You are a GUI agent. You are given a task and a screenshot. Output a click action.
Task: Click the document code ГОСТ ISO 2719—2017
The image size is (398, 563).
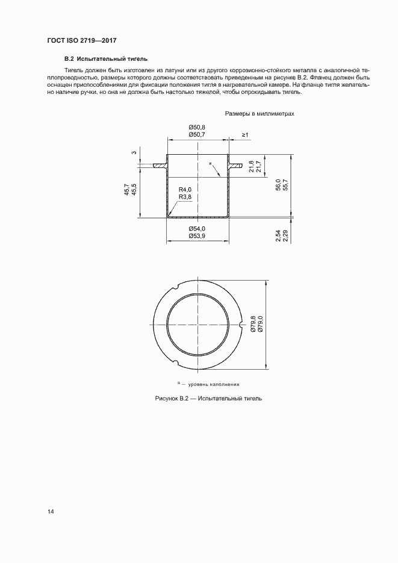(81, 40)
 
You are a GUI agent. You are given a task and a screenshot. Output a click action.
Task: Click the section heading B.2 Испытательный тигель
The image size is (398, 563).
(105, 59)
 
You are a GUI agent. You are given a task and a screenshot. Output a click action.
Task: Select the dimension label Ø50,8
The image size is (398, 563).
(197, 127)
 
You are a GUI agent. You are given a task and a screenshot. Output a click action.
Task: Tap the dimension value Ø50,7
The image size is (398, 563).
(197, 135)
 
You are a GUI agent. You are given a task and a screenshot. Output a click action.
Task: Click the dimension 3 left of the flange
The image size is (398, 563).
(134, 152)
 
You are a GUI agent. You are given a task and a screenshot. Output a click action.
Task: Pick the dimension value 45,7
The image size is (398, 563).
(126, 189)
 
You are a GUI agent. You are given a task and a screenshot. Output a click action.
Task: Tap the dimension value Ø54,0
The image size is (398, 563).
(197, 229)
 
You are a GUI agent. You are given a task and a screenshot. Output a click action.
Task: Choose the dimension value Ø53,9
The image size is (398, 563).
(197, 236)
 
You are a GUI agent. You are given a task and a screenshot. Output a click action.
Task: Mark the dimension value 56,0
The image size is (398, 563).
(278, 184)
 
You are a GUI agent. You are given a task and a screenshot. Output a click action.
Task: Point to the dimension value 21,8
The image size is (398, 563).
(251, 167)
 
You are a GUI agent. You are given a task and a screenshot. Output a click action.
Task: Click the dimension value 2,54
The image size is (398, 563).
(278, 235)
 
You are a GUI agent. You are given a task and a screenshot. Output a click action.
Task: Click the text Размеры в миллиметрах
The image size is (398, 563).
(260, 113)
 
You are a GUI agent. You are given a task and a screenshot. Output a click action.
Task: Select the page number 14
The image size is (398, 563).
(51, 512)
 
